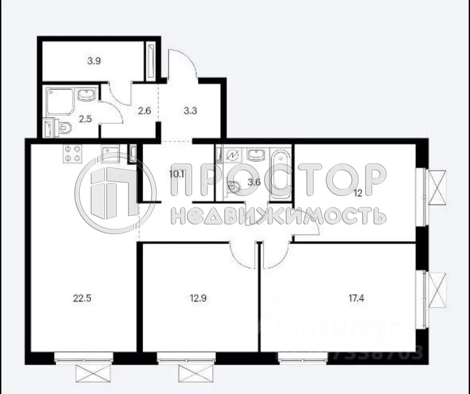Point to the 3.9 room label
[x=94, y=61]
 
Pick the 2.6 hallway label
[x=144, y=111]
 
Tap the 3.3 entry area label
[x=190, y=111]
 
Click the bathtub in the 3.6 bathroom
[x=280, y=174]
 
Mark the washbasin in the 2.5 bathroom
[x=88, y=94]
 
